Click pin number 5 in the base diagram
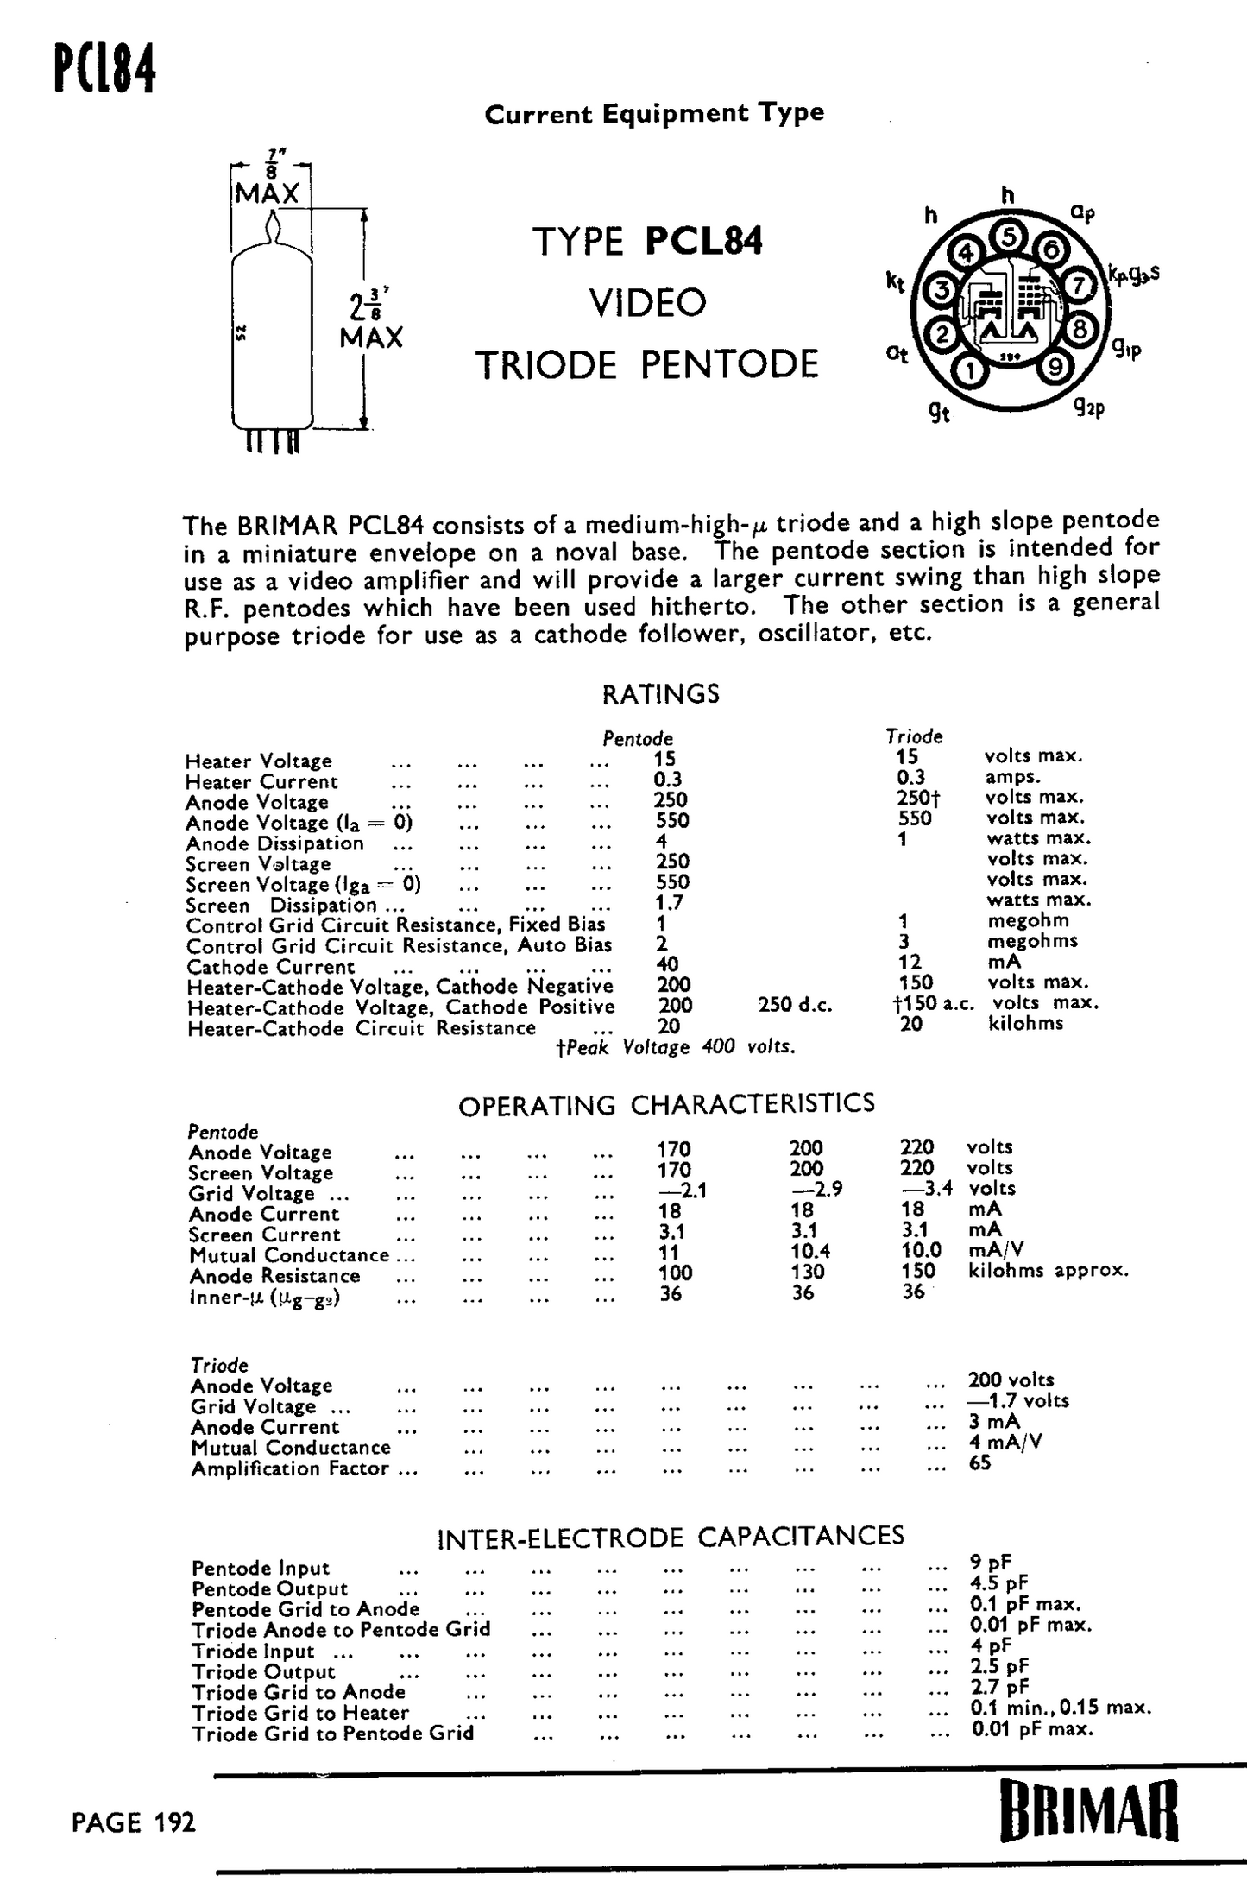(x=1008, y=235)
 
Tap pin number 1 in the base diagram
(x=970, y=371)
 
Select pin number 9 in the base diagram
(x=1054, y=367)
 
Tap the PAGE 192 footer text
(x=134, y=1822)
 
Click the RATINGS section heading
(x=660, y=694)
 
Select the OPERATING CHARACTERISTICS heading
(x=666, y=1104)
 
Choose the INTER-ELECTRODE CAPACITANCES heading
(x=671, y=1537)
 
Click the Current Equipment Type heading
(x=654, y=114)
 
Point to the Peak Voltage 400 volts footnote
(x=676, y=1047)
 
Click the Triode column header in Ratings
(x=914, y=736)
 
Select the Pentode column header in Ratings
(x=638, y=739)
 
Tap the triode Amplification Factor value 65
(x=979, y=1462)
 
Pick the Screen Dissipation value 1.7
(x=669, y=903)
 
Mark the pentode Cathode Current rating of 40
(x=667, y=964)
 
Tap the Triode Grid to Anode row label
(x=299, y=1692)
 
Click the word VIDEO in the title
(x=648, y=302)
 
